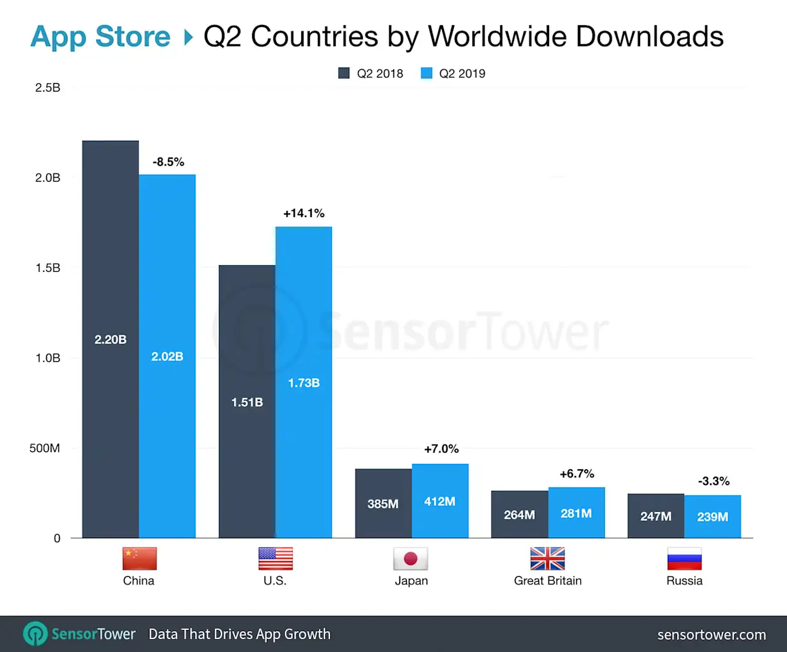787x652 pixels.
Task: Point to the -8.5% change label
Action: pos(168,162)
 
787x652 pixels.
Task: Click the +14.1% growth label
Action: pos(304,213)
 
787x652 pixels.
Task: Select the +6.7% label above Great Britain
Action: pos(577,474)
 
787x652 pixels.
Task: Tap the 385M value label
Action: pos(383,504)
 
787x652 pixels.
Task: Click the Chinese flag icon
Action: pos(140,559)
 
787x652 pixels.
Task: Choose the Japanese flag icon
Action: pos(411,559)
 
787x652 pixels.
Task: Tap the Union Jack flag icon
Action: pos(547,559)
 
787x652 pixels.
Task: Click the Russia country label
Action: pos(684,581)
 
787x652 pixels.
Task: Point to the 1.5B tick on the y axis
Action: pos(48,268)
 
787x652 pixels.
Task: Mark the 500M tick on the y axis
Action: pos(45,448)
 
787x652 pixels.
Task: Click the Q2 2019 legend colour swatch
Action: pos(427,73)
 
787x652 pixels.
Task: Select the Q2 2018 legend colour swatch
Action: pos(344,73)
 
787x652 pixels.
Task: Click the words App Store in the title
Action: pos(100,36)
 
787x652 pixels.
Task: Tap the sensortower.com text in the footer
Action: pos(711,635)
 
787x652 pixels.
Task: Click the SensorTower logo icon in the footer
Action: pos(35,634)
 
